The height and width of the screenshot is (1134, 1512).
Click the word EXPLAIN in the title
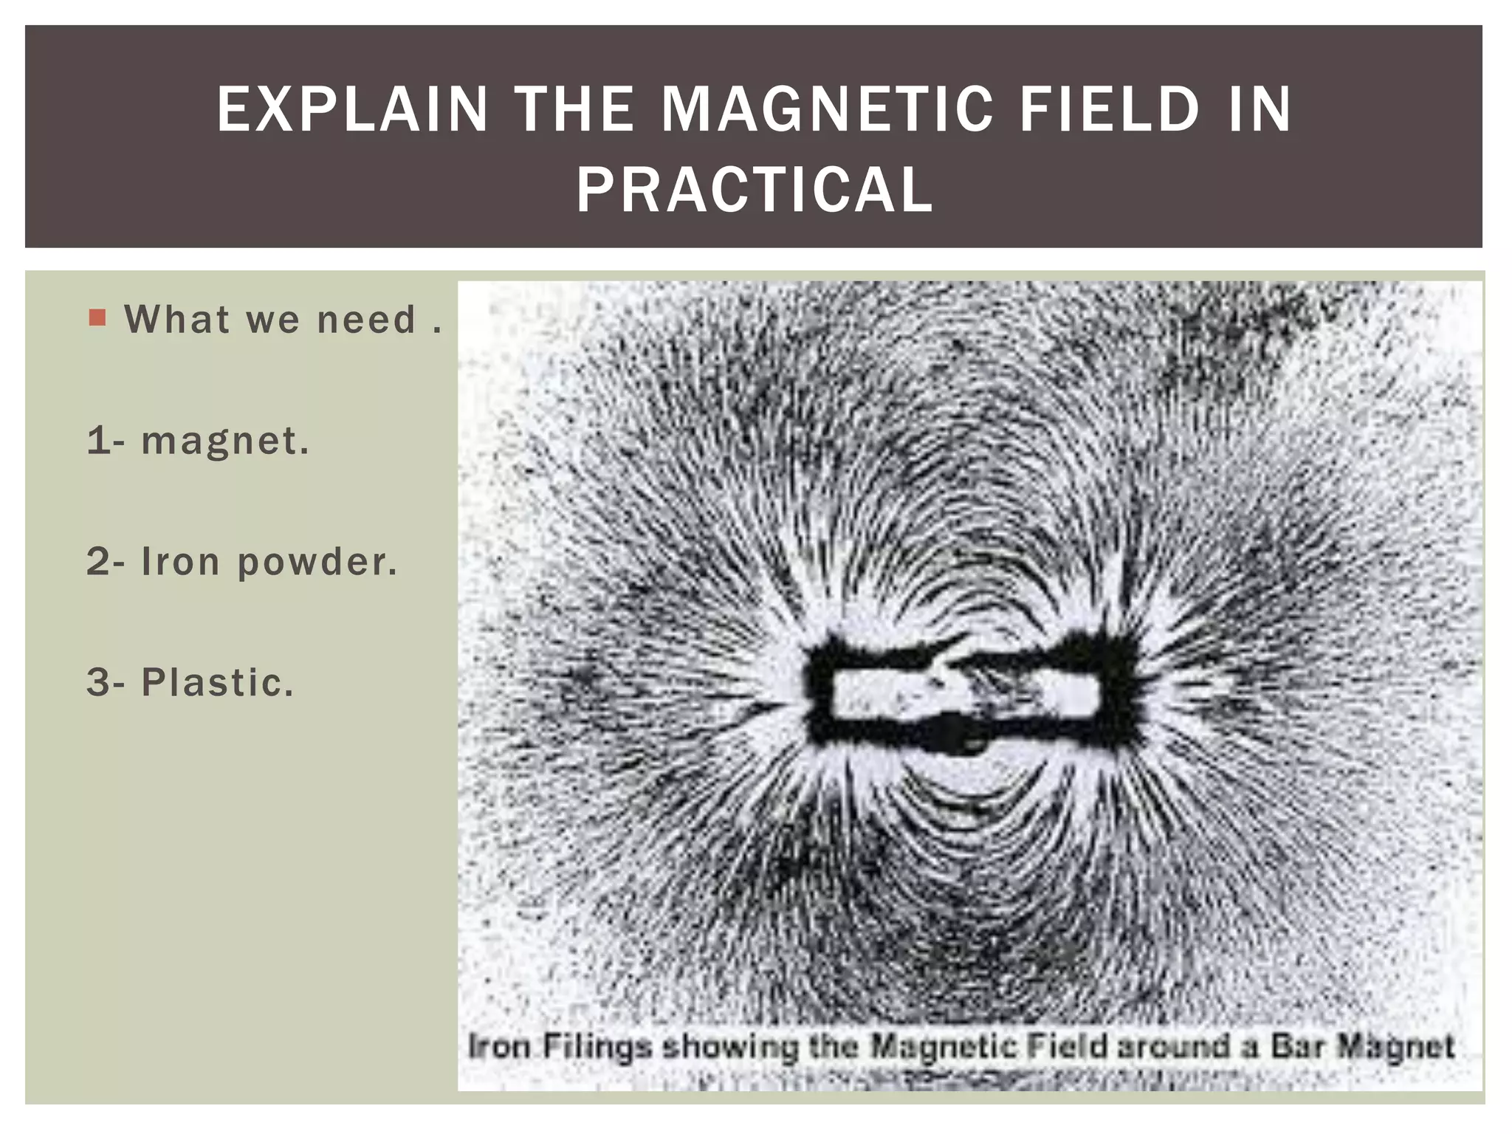[x=352, y=109]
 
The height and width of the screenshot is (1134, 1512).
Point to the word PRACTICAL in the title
[x=755, y=190]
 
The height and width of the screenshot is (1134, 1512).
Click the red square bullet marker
[x=97, y=318]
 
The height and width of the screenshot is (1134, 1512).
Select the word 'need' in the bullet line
[x=366, y=320]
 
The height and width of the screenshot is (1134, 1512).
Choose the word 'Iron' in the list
[x=181, y=562]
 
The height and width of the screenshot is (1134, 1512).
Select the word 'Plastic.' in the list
[x=218, y=682]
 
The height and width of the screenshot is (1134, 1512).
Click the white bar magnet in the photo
[x=966, y=695]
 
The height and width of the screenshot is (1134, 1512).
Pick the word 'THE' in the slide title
[x=574, y=109]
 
